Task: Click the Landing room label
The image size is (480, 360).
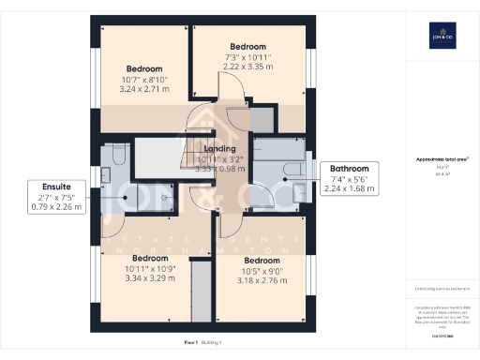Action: (220, 149)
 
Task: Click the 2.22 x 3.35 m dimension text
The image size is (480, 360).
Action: (248, 67)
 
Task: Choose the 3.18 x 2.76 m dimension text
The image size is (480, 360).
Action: (262, 280)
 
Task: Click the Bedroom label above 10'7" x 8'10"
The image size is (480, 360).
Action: (145, 68)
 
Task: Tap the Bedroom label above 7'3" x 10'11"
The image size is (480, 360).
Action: (248, 47)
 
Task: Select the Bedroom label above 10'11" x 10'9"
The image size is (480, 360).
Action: (149, 258)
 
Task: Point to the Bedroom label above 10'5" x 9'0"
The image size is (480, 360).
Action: (262, 260)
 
